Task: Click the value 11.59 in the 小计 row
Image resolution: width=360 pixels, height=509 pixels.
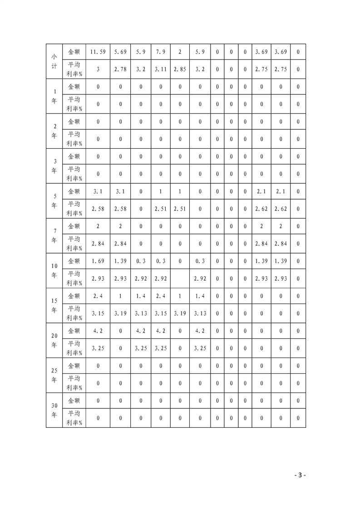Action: point(98,52)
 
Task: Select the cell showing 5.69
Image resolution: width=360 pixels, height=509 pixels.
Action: point(120,52)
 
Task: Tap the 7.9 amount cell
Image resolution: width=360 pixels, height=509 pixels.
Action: point(160,52)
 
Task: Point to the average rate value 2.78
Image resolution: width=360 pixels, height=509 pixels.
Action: point(120,69)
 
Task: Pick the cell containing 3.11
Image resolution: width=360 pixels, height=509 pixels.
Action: point(160,69)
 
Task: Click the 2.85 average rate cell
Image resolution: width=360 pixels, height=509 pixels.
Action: point(180,69)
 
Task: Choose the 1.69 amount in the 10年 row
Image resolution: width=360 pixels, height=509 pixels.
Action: point(98,261)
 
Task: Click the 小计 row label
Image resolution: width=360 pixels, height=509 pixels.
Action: point(54,61)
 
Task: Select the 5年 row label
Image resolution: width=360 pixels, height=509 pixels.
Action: point(54,201)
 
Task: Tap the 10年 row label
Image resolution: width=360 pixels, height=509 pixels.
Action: point(54,270)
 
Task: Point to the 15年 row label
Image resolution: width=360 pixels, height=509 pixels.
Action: point(54,305)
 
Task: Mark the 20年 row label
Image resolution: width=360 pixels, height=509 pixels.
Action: point(54,340)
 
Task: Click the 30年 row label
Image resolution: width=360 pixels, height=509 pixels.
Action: point(54,410)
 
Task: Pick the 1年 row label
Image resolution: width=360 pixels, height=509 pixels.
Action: point(54,96)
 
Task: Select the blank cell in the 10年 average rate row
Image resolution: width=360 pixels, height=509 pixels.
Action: point(180,279)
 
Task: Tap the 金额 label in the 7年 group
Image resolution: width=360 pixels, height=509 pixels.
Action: point(74,226)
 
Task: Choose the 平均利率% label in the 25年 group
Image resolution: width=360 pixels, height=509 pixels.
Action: point(74,383)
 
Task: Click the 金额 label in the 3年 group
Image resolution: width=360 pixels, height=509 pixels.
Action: point(74,156)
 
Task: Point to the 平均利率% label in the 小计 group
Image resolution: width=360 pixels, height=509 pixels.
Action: point(74,69)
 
